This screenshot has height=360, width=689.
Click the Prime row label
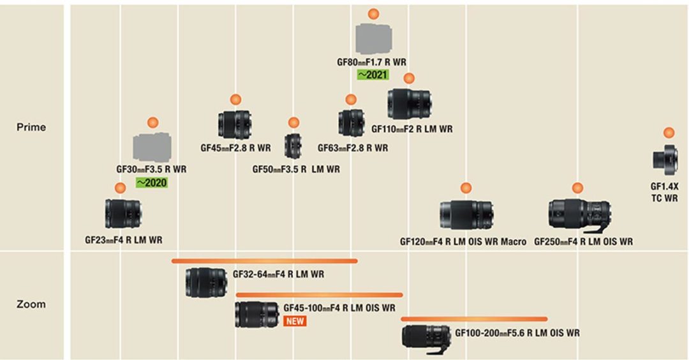(31, 127)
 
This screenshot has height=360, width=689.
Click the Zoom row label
(31, 304)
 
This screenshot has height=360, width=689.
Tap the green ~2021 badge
(372, 75)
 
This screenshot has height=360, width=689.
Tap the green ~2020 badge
(151, 182)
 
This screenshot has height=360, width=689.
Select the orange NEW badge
(295, 321)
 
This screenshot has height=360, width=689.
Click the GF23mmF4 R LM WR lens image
(123, 214)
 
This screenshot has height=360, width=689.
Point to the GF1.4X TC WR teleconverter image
(665, 159)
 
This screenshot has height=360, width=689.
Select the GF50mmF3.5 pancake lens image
(293, 146)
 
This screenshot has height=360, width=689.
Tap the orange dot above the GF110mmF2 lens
(409, 78)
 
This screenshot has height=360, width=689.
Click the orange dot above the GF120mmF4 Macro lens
(466, 188)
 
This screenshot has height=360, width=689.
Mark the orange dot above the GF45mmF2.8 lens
(235, 99)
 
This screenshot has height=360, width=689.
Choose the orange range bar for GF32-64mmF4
(265, 260)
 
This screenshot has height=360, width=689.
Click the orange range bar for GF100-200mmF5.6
(474, 319)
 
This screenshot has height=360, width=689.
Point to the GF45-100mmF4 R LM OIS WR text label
(339, 308)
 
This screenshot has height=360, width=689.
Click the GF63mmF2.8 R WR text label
(353, 148)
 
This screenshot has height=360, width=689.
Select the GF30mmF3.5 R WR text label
(151, 170)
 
